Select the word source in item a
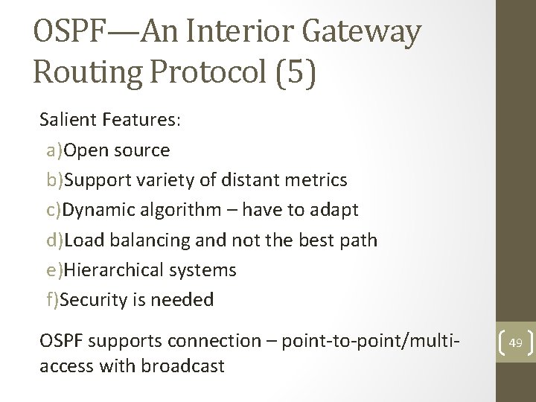point(142,150)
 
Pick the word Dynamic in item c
point(96,210)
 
